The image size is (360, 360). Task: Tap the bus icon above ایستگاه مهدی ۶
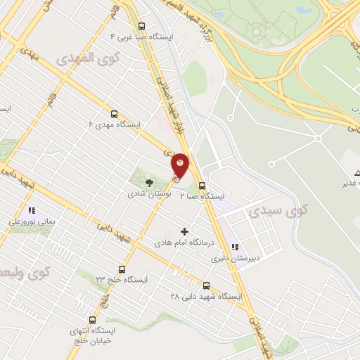click(x=114, y=112)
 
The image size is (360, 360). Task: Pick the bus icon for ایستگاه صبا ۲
click(x=202, y=186)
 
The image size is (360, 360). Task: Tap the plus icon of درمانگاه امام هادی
click(x=185, y=231)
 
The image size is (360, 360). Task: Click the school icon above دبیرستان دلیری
click(x=234, y=247)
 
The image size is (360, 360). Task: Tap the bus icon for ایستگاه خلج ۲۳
click(x=122, y=269)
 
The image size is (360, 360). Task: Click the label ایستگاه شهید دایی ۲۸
click(x=205, y=297)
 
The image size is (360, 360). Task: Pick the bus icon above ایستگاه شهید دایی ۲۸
click(x=206, y=285)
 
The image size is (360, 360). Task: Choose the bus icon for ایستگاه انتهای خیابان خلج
click(x=92, y=320)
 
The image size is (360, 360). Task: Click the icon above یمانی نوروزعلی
click(x=31, y=210)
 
